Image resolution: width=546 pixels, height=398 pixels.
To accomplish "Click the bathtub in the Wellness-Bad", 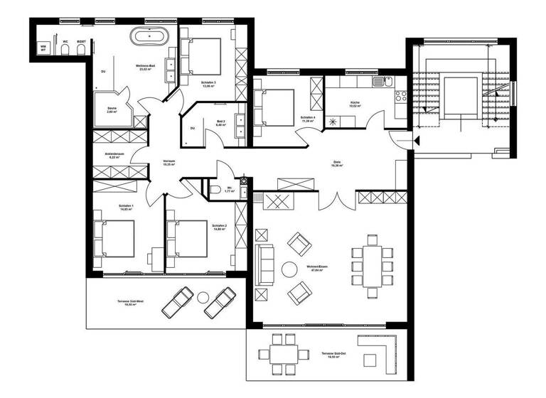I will point(149,36).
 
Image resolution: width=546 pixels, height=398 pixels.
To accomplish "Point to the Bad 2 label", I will point(221,122).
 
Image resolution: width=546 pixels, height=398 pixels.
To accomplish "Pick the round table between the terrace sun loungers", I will point(211,300).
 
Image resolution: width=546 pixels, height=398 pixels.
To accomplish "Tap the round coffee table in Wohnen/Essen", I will point(290,269).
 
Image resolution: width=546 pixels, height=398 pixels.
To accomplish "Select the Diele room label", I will point(336,162).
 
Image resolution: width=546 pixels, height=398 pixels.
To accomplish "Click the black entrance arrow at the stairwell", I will point(419,139).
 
